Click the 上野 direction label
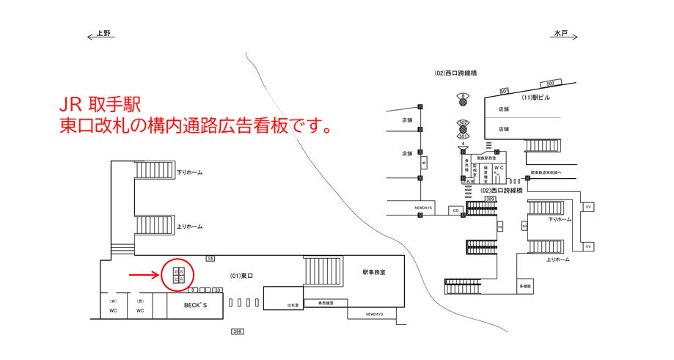pyautogui.click(x=103, y=34)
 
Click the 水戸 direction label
pyautogui.click(x=561, y=34)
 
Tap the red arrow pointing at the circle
pyautogui.click(x=143, y=276)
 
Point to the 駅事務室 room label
pyautogui.click(x=373, y=273)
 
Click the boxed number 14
pyautogui.click(x=210, y=259)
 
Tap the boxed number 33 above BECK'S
pyautogui.click(x=217, y=290)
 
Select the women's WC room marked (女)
pyautogui.click(x=113, y=306)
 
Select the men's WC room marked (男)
pyautogui.click(x=139, y=306)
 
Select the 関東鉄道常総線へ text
pyautogui.click(x=555, y=174)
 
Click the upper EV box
pyautogui.click(x=587, y=207)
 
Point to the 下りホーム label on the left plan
pyautogui.click(x=189, y=173)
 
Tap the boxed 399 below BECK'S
pyautogui.click(x=237, y=332)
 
